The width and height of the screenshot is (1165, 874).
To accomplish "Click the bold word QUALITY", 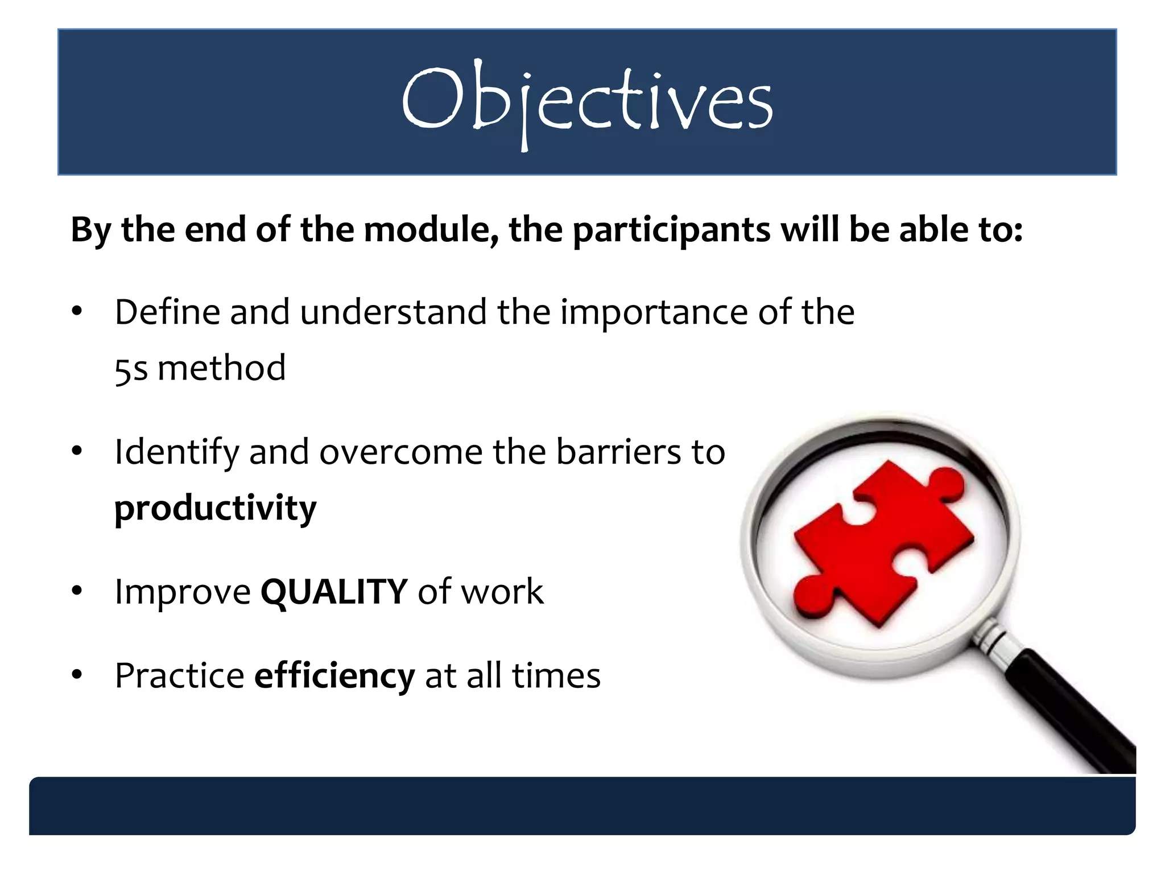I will pos(334,592).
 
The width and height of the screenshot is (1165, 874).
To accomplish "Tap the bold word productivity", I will pos(215,508).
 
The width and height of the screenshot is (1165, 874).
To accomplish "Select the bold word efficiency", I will pos(334,675).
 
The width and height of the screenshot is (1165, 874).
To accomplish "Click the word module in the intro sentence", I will pos(431,230).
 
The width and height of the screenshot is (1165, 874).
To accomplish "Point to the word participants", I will pos(671,231).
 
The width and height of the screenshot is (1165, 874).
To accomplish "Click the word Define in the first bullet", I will pos(167,312).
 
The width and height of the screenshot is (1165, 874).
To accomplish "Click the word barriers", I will pos(618,452).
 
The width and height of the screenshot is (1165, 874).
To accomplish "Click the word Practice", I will pos(179,676).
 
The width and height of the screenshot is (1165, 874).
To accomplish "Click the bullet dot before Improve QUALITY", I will pos(77,592).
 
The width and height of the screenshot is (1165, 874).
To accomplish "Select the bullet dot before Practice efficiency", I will pos(77,675).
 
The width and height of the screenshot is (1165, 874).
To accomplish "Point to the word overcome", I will pos(400,452).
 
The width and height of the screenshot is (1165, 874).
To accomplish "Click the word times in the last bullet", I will pos(556,675).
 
